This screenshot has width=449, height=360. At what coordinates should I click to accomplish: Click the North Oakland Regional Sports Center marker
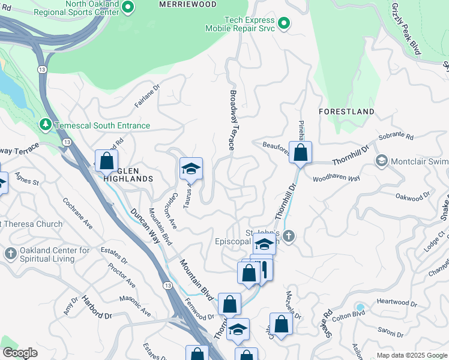coord(127,7)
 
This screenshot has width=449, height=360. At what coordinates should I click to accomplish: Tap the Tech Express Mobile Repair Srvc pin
coord(284,24)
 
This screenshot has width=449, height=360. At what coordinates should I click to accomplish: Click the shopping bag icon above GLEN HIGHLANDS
coord(107,161)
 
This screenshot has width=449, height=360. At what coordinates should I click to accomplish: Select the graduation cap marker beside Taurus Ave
coord(191,169)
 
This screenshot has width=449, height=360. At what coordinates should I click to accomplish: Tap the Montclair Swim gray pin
coord(381,161)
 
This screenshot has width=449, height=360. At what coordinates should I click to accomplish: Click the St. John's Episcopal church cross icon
coord(289,236)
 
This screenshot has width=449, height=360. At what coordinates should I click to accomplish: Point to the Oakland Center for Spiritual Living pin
coord(10,254)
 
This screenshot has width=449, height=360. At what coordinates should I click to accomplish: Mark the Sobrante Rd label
coord(397,137)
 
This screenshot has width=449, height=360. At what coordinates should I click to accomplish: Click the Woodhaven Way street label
coord(336,178)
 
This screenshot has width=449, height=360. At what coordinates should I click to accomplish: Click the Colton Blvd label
coord(366,313)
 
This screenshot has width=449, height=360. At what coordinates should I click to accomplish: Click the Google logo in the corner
coord(20,353)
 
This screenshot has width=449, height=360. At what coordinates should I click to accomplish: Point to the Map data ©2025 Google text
coord(412,355)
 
